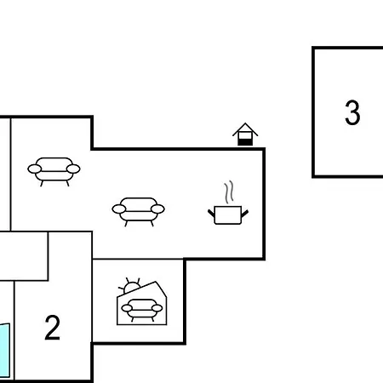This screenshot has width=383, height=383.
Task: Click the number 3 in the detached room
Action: click(x=352, y=112)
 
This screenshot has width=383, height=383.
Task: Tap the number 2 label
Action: click(x=53, y=328)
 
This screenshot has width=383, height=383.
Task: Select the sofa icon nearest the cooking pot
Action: click(x=138, y=212)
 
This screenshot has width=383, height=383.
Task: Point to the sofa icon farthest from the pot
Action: click(x=54, y=172)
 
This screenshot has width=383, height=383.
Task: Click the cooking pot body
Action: click(x=228, y=215)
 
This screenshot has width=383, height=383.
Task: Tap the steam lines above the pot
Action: click(x=229, y=191)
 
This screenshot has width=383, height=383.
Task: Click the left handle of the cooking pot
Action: click(x=211, y=213)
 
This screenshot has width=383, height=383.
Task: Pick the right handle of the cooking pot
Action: click(x=245, y=214)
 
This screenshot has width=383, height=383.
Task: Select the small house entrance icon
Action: click(x=245, y=134)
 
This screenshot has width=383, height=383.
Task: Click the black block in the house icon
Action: click(x=245, y=142)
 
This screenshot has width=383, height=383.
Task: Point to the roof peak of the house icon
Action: click(x=245, y=123)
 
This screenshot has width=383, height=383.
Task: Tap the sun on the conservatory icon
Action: click(x=131, y=286)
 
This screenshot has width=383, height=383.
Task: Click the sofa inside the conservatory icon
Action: click(x=142, y=310)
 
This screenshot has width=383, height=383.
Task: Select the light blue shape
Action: click(x=5, y=351)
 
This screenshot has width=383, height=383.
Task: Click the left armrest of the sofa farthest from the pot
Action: click(x=35, y=169)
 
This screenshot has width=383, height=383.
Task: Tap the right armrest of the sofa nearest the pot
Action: click(x=157, y=209)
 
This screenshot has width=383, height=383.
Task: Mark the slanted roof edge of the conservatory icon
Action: click(x=136, y=289)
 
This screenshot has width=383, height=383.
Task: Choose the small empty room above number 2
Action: click(x=24, y=256)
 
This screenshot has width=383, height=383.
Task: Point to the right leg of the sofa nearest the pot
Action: click(x=151, y=224)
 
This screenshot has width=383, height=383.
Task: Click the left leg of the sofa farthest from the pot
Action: click(x=42, y=184)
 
